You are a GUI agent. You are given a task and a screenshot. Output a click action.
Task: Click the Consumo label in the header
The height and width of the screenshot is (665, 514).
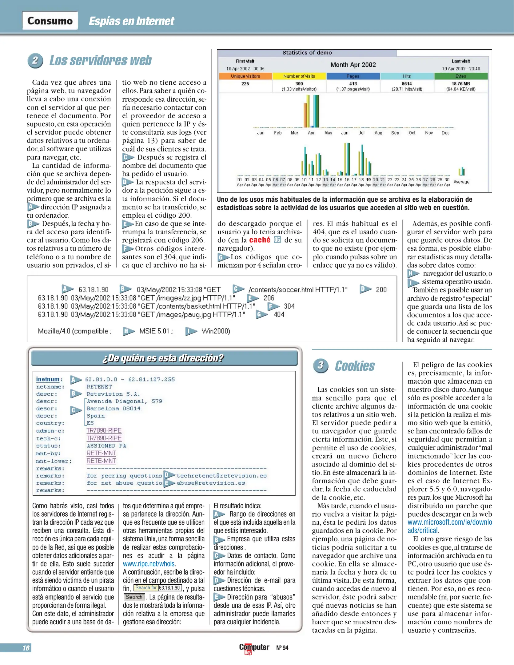(50, 21)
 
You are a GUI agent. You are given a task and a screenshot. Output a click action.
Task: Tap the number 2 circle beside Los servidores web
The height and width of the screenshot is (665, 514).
(35, 60)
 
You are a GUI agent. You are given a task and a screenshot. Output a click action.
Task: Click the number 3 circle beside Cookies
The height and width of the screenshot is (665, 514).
(321, 366)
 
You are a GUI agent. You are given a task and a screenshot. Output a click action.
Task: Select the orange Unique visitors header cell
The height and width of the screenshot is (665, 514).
(245, 76)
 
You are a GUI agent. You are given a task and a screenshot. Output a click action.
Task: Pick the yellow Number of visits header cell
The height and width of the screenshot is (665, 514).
(299, 76)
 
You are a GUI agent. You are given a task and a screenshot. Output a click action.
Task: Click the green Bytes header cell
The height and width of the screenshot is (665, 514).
(460, 76)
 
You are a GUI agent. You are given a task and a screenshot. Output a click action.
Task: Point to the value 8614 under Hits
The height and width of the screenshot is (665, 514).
(407, 83)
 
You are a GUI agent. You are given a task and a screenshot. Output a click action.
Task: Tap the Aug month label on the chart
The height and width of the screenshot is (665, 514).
(378, 133)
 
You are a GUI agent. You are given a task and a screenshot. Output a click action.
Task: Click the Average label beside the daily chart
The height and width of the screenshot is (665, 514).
(461, 182)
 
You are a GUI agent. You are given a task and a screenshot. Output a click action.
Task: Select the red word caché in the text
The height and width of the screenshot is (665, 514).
(260, 240)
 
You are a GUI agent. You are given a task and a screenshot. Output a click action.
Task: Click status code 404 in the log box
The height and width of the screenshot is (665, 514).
(279, 314)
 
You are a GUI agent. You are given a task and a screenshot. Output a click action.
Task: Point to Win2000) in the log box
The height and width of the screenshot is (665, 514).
(216, 331)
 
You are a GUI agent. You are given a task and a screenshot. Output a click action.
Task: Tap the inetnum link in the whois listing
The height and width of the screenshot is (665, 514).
(48, 379)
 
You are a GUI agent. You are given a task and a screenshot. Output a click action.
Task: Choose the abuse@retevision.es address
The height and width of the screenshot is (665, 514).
(211, 483)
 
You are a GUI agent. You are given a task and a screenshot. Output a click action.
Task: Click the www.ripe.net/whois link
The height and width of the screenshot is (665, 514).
(149, 564)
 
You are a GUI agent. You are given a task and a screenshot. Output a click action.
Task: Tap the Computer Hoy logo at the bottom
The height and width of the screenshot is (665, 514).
(254, 648)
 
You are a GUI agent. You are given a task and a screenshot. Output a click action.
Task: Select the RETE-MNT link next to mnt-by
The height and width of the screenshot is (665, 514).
(101, 453)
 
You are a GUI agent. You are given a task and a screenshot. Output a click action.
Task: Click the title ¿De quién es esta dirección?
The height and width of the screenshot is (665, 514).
(163, 358)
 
